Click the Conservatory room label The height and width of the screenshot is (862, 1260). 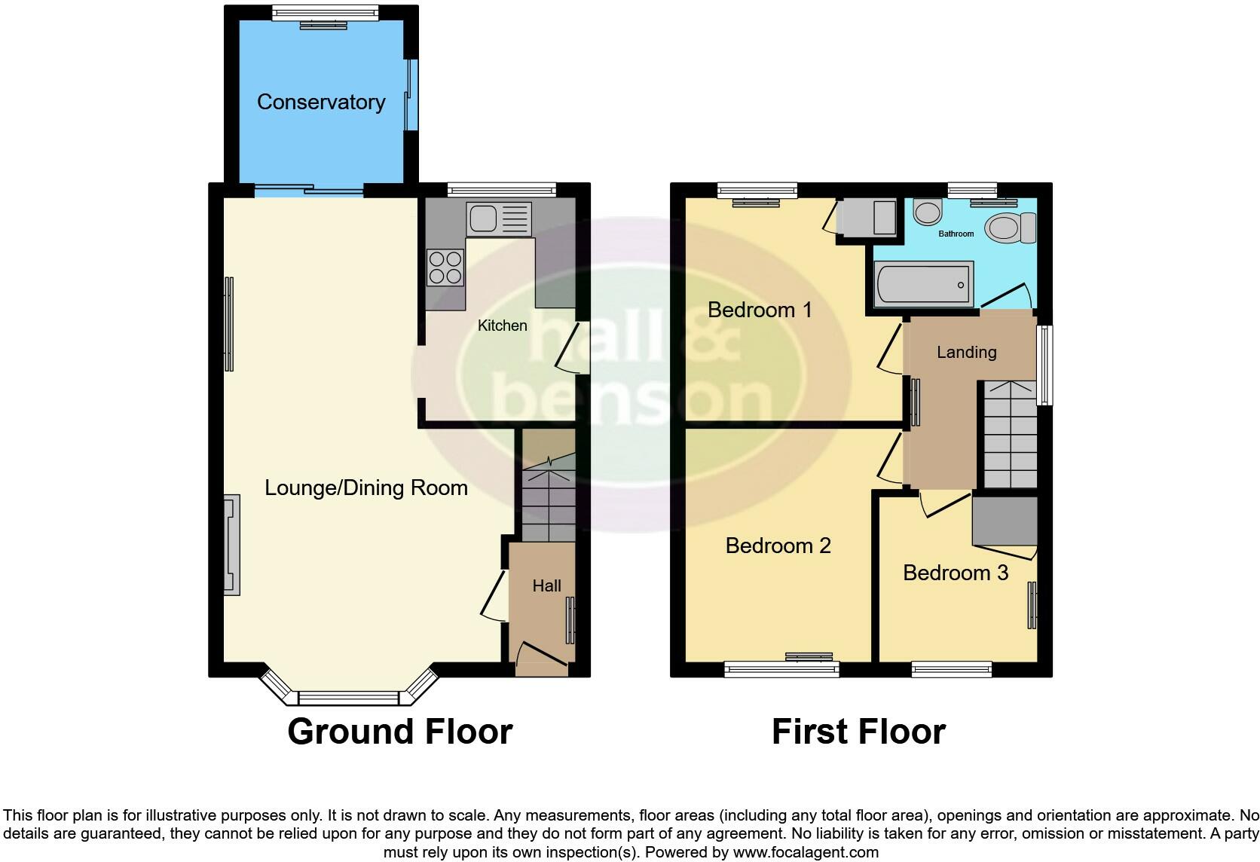[321, 102]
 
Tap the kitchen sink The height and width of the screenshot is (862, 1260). [498, 219]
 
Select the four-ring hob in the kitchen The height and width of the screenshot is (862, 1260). [445, 267]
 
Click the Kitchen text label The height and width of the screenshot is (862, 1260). [502, 326]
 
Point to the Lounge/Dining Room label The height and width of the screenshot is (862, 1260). [366, 488]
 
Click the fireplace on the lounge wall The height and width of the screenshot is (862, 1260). [231, 545]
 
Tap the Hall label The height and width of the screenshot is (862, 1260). [546, 585]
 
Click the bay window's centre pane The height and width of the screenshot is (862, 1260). [348, 698]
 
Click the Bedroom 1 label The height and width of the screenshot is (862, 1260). [760, 310]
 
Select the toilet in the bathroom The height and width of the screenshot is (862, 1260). [1011, 227]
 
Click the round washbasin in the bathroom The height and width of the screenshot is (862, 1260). [926, 212]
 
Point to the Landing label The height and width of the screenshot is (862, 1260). [966, 352]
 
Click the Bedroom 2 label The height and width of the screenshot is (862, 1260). [778, 546]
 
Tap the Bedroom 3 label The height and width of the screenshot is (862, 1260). [955, 573]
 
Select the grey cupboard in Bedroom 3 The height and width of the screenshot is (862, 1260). [1005, 520]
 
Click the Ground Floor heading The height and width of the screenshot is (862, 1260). [400, 732]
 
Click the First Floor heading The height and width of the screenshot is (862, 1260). [858, 732]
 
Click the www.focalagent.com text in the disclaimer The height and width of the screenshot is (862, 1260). [806, 852]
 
